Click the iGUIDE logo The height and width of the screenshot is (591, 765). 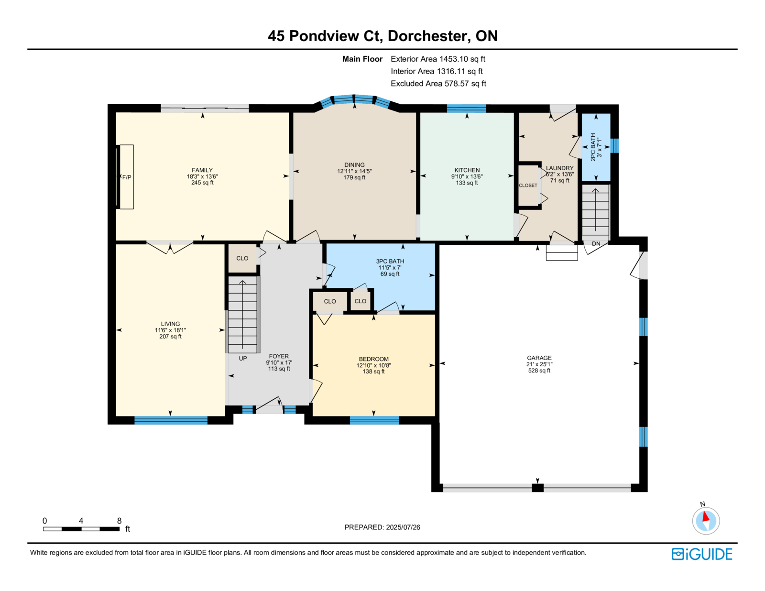(701, 554)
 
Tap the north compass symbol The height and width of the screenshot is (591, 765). (706, 520)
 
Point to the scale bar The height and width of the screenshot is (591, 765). (81, 529)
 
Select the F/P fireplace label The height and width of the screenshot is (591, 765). (127, 177)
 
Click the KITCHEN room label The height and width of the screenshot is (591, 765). (467, 170)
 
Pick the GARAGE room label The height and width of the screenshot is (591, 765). (539, 358)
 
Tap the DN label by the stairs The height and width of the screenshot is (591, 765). (596, 243)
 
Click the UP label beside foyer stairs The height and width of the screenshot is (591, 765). (243, 358)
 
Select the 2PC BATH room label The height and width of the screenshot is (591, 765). (593, 147)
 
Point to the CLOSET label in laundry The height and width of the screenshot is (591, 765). (528, 186)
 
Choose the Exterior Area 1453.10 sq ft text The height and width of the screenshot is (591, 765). (438, 59)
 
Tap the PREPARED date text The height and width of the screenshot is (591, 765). (382, 527)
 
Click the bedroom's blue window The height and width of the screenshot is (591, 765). (374, 420)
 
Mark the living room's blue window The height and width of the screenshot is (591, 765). (171, 420)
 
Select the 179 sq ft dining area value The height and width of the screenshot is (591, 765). (354, 177)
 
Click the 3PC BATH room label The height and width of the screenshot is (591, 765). (390, 261)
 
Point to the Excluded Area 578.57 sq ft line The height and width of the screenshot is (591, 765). (438, 83)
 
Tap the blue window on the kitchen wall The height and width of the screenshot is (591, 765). (466, 109)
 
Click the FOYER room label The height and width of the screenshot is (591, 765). (279, 356)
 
